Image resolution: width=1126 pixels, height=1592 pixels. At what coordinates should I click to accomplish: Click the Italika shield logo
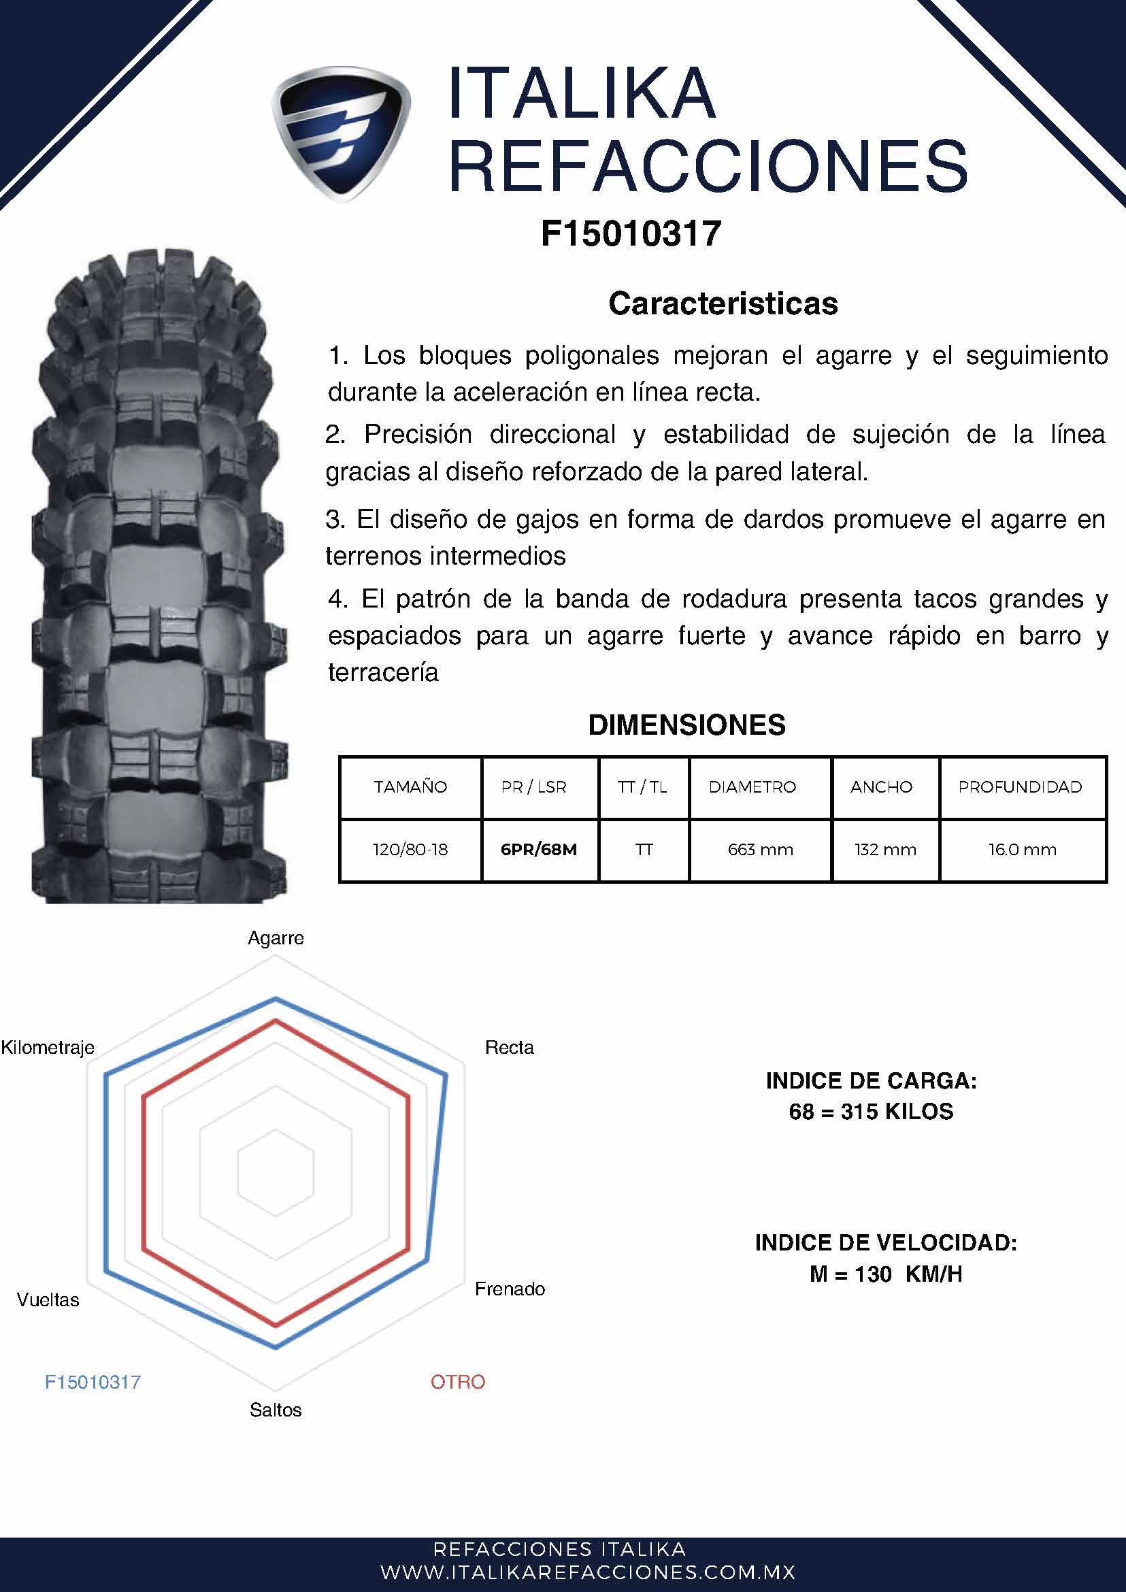(340, 134)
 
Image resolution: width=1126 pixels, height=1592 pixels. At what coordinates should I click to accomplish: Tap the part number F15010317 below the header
(631, 233)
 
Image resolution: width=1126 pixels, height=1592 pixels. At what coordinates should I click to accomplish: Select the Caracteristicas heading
(723, 303)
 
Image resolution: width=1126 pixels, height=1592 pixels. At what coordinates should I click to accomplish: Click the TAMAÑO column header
(410, 787)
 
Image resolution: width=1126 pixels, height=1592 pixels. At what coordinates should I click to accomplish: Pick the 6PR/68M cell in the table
(539, 849)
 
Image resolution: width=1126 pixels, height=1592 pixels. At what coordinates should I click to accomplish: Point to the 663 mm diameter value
(761, 849)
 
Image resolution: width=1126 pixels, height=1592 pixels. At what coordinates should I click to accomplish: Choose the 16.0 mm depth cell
(1023, 849)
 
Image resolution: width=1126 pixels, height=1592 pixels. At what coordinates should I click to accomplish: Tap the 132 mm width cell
(885, 849)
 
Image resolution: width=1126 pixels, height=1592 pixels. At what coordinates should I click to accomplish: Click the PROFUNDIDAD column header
(1020, 787)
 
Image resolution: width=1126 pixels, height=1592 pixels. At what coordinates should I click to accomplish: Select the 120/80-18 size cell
(410, 849)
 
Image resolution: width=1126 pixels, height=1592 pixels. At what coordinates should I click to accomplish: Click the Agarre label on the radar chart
(276, 938)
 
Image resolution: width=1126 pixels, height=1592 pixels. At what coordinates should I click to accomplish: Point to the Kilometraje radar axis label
(48, 1048)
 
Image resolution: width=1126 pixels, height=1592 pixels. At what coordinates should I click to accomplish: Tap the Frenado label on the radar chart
(510, 1289)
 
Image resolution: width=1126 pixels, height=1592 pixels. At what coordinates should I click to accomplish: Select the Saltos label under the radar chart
(276, 1410)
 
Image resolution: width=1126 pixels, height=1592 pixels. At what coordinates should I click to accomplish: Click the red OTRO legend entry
(458, 1382)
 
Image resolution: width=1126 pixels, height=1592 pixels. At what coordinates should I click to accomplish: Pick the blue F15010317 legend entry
(93, 1382)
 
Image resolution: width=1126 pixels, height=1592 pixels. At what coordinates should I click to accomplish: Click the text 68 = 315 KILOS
(871, 1112)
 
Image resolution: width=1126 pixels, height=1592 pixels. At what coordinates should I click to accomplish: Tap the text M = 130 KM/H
(886, 1274)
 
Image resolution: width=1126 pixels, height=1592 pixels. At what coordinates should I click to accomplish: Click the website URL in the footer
(588, 1572)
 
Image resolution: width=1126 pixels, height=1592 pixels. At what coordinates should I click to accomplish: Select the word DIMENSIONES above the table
(686, 725)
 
